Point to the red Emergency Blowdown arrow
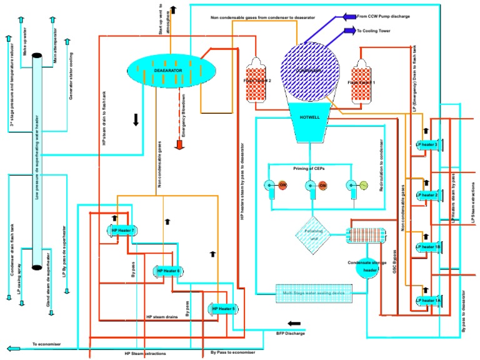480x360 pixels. [180, 145]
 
